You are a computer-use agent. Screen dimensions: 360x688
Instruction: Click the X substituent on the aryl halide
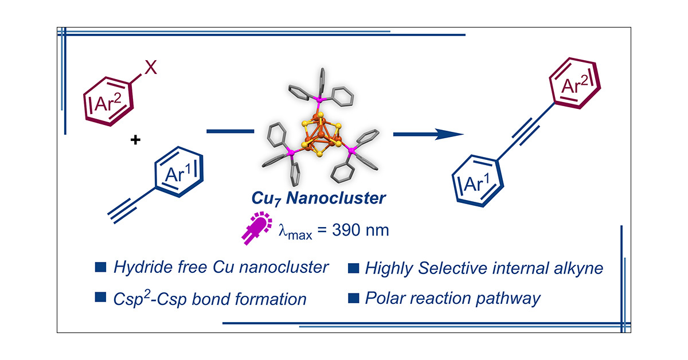(150, 69)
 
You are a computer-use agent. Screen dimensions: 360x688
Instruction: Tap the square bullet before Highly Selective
(354, 267)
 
